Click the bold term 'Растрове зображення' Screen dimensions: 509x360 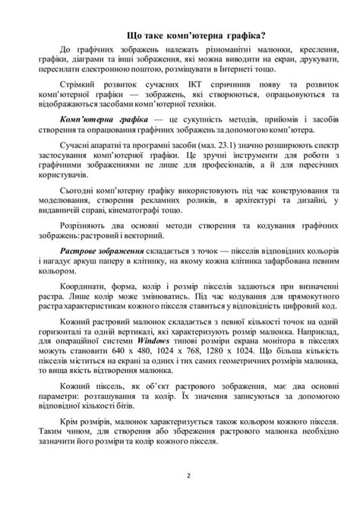coord(101,251)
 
